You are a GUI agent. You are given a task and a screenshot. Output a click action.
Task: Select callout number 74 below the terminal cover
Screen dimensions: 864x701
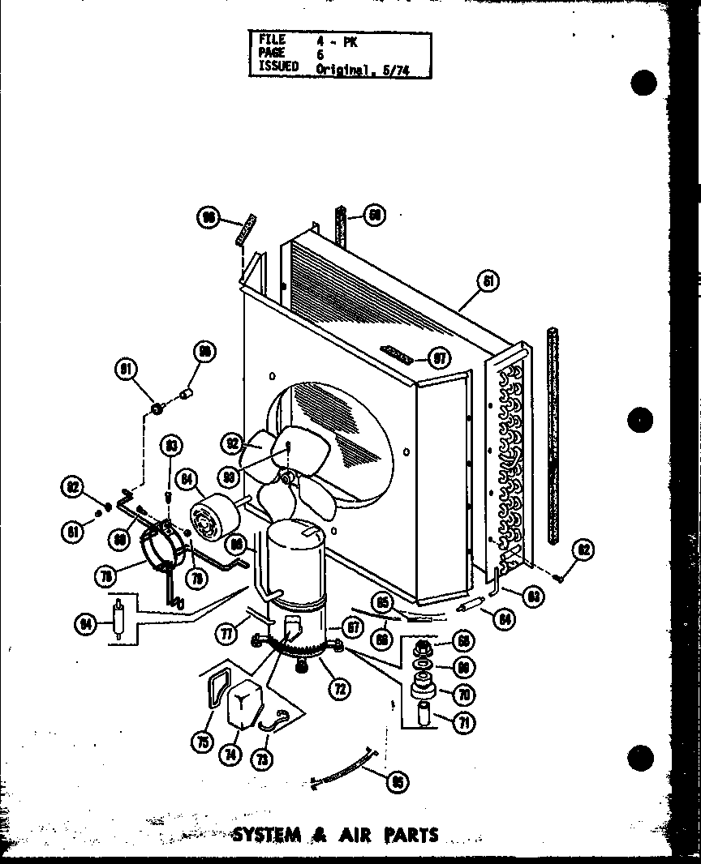click(231, 754)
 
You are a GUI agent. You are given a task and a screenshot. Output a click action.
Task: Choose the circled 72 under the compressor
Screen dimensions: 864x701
click(339, 690)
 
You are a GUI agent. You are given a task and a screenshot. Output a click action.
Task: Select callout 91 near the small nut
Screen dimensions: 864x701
click(125, 371)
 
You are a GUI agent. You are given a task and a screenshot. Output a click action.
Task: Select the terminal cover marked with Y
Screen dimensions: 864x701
click(243, 705)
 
